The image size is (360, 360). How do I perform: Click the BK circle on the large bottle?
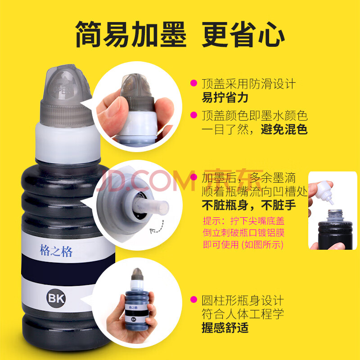56,298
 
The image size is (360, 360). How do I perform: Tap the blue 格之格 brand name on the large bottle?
56,251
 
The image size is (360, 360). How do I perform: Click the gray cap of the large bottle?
66,96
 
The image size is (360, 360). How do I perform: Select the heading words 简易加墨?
130,34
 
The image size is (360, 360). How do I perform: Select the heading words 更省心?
243,34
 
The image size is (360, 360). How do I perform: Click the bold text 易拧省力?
225,98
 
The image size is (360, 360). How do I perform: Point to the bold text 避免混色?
284,129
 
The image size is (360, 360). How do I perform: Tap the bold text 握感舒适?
225,328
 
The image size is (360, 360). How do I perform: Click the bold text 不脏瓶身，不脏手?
249,205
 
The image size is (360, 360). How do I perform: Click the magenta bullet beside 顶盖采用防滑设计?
194,83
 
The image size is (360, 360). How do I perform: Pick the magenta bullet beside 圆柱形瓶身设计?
194,300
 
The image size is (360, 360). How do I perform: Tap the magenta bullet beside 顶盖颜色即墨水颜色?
194,115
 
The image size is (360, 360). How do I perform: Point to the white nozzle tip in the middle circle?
152,206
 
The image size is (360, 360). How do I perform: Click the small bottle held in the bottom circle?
136,299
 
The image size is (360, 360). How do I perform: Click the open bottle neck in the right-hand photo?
335,216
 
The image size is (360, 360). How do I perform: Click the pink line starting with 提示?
243,221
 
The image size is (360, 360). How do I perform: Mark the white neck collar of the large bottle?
68,144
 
